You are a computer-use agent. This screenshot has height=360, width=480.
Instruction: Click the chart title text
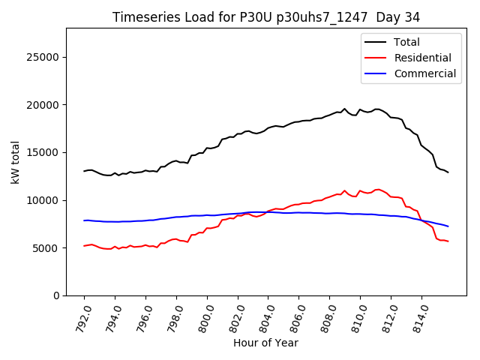pos(266,17)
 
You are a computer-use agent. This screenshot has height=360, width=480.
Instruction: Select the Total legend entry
pos(406,42)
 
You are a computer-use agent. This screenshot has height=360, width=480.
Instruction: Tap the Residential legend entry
pos(422,58)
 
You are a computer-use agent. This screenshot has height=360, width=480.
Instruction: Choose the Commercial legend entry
pos(424,73)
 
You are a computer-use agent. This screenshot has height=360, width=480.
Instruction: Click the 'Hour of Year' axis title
pos(265,343)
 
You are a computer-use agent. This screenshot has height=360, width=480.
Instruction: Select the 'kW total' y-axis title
pos(15,162)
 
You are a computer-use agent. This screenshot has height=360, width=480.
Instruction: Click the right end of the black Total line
pos(448,172)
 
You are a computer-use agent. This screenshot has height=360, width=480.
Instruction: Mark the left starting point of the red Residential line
pos(84,246)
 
